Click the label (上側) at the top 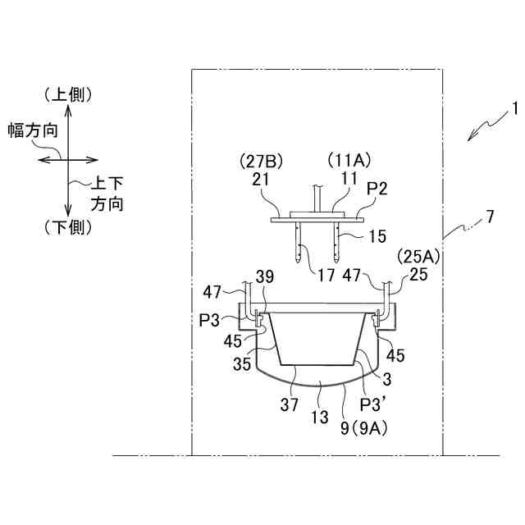(x=70, y=95)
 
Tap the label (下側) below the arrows (x=70, y=227)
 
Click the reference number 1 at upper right (x=514, y=107)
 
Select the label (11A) (x=348, y=158)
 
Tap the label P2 (x=377, y=190)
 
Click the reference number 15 (x=377, y=236)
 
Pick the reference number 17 (x=326, y=275)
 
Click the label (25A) (x=419, y=257)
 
